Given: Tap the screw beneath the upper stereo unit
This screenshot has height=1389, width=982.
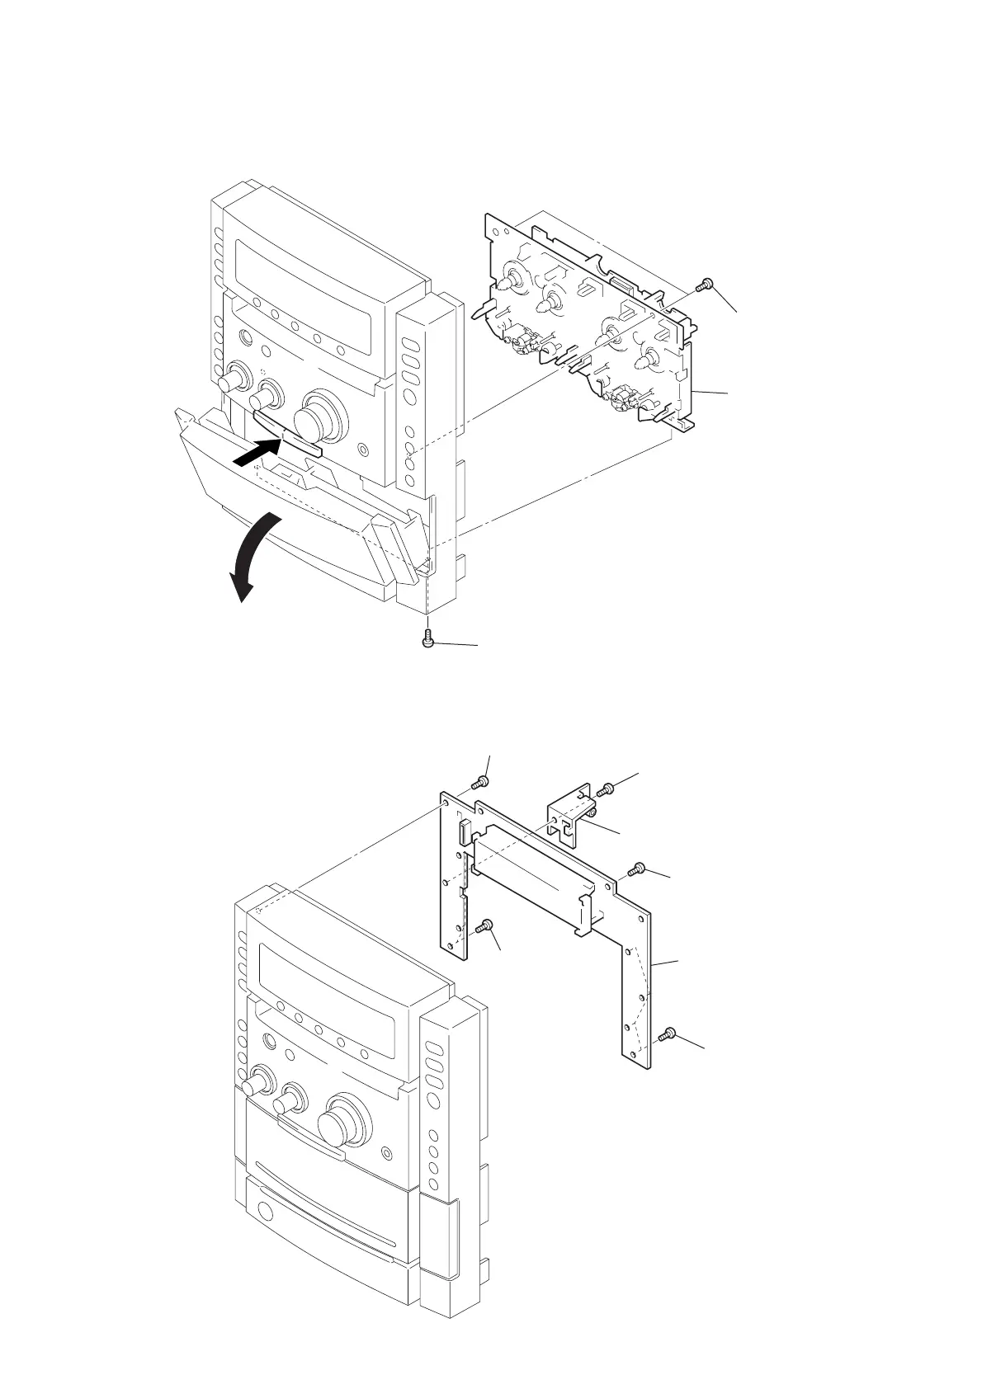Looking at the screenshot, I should pos(427,640).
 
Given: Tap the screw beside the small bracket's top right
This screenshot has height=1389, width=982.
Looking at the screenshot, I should pos(606,789).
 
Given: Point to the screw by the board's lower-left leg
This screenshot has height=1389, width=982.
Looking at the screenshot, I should pos(487,925).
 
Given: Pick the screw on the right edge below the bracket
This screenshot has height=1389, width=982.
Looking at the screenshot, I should pos(635,869).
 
